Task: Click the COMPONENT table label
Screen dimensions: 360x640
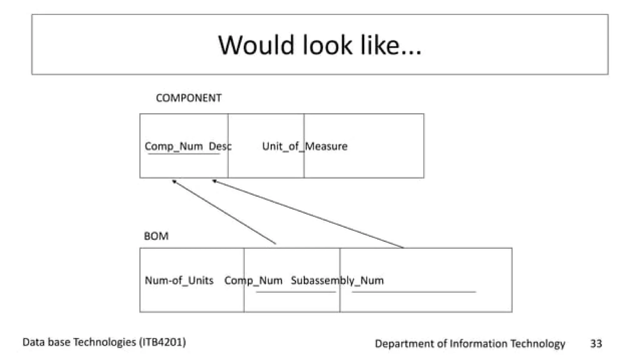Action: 188,98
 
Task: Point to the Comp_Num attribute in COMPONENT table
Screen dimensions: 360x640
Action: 174,146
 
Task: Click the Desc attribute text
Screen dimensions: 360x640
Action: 220,146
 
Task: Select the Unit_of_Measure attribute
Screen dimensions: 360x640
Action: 305,146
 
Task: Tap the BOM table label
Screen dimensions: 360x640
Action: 156,236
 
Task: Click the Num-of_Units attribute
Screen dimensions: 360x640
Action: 179,280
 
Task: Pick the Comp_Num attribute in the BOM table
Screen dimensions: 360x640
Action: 253,280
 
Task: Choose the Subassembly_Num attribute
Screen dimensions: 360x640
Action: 337,280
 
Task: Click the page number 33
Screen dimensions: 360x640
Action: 596,343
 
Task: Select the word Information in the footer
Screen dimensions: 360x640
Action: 478,343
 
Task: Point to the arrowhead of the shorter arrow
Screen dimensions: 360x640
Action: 174,181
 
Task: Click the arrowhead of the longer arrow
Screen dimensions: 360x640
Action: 214,181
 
